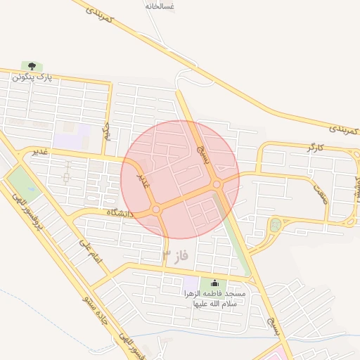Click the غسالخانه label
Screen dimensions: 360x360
click(x=160, y=6)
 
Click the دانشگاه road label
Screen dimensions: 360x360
click(x=120, y=211)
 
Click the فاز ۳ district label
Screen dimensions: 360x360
click(x=176, y=255)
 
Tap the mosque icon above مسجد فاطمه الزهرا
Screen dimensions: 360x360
click(x=214, y=283)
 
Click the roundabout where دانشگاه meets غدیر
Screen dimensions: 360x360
click(x=156, y=209)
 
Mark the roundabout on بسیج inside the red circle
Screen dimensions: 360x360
click(x=217, y=185)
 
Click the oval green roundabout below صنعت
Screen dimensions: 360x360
click(x=274, y=226)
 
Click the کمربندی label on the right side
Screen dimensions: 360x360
click(x=344, y=129)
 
